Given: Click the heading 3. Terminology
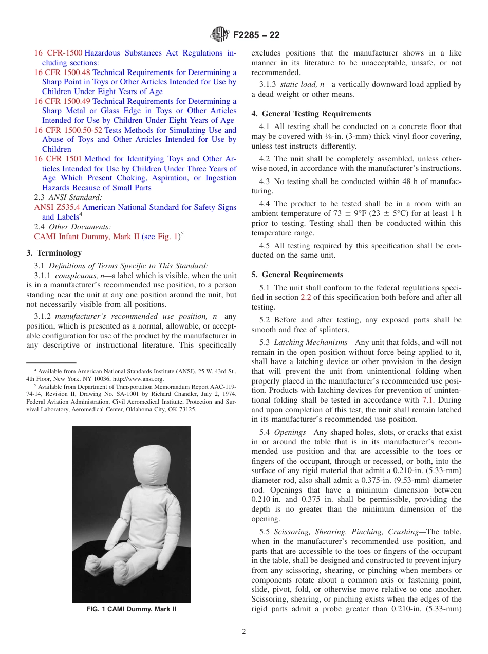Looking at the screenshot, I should pyautogui.click(x=54, y=253).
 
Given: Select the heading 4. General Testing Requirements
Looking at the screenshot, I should pyautogui.click(x=311, y=114).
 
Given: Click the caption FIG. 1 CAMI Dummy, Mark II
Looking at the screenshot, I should pyautogui.click(x=131, y=609).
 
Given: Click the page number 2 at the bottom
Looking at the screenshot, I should pyautogui.click(x=243, y=632).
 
